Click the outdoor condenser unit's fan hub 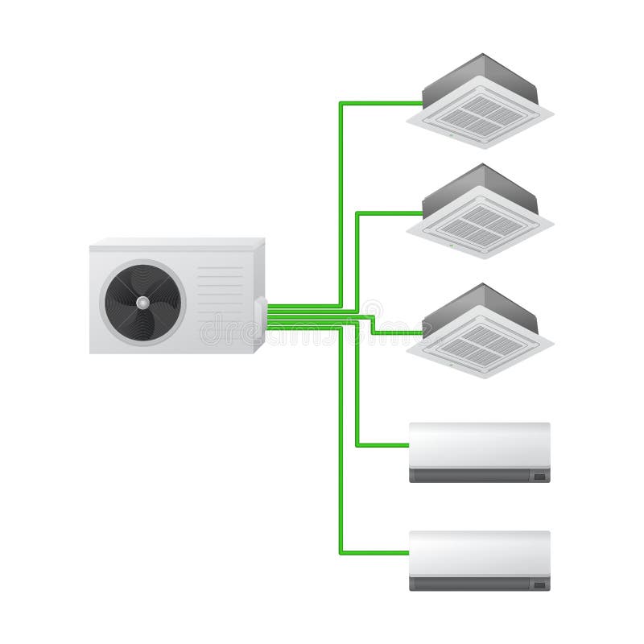coord(142,302)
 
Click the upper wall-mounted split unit coord(479,452)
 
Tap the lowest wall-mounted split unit coord(479,560)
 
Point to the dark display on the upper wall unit coord(539,477)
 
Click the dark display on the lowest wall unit coord(539,584)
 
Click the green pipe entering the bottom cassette coord(398,332)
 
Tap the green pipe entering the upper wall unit coord(382,444)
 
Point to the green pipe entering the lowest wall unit coord(374,553)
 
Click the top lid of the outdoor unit coord(177,242)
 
